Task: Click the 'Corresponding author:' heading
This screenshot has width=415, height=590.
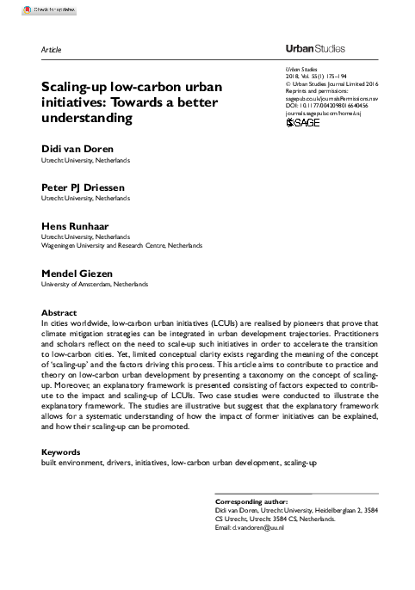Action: point(250,501)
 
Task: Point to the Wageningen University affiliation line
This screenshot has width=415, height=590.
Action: point(121,245)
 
